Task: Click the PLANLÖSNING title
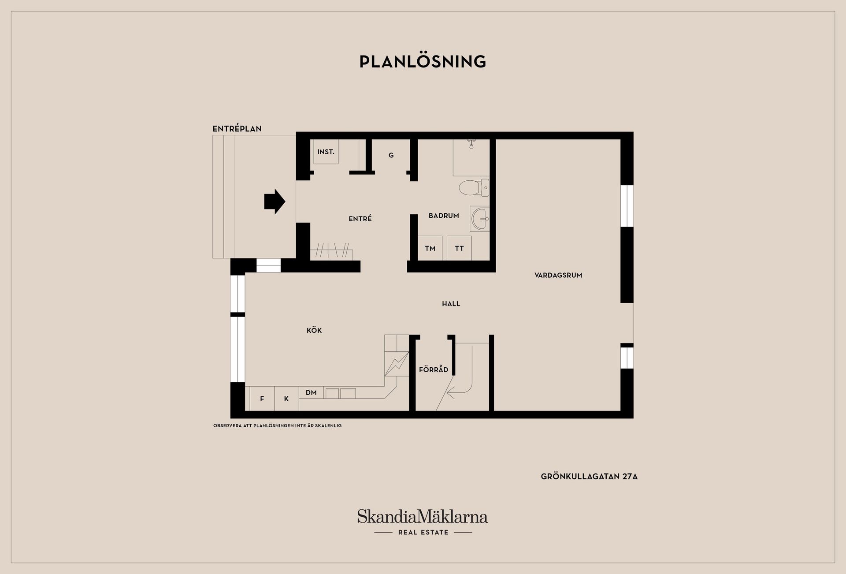(x=423, y=62)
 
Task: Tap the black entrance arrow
(x=275, y=201)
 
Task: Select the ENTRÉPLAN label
(x=237, y=129)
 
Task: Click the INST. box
(x=326, y=152)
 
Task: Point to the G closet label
(x=391, y=155)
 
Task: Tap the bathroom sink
(x=479, y=218)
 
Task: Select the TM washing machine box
(x=430, y=248)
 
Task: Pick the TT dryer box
(x=459, y=248)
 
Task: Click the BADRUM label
(x=444, y=216)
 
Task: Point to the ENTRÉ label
(x=360, y=219)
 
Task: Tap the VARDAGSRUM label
(x=558, y=275)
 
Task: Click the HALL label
(x=451, y=304)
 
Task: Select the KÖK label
(x=314, y=330)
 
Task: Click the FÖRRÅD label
(x=434, y=369)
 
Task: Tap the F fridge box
(x=262, y=399)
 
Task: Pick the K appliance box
(x=286, y=399)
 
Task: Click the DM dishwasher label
(x=311, y=392)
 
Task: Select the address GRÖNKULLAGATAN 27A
(x=589, y=477)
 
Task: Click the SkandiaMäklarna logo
(x=423, y=517)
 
